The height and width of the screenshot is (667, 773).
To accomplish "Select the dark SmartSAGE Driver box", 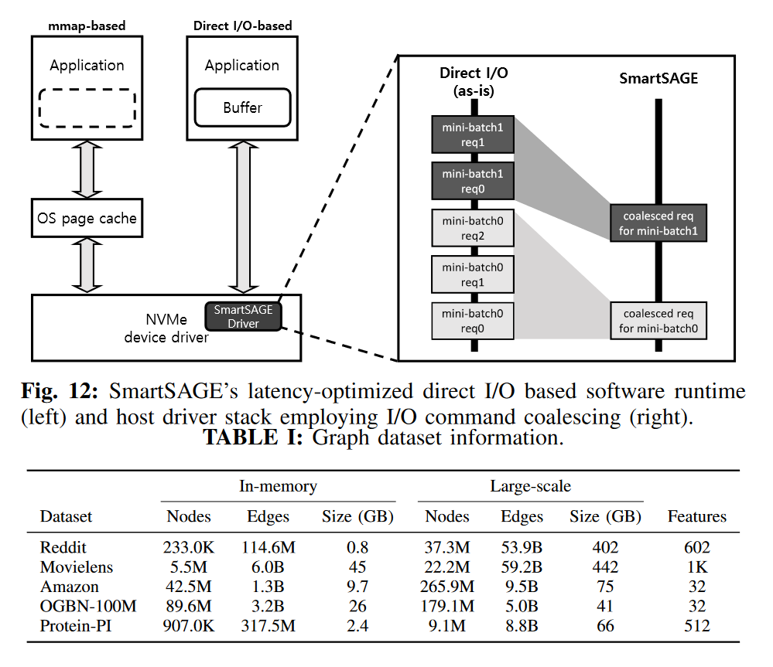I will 243,315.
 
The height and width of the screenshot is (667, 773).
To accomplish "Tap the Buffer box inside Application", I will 242,107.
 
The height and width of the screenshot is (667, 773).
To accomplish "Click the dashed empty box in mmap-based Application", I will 87,107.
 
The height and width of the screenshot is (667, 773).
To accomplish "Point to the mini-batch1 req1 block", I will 472,134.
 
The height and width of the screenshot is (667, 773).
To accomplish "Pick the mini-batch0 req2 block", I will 472,228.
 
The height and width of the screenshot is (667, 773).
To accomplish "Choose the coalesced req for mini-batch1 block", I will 658,223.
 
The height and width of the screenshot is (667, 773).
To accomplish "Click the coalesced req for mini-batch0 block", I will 658,321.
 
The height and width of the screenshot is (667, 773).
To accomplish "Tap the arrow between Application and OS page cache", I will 87,169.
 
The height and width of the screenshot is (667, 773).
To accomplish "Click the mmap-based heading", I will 87,26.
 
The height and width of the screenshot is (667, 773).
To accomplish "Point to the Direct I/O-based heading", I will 242,26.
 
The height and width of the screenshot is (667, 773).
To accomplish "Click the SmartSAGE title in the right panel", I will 658,79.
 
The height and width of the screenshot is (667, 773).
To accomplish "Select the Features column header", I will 696,516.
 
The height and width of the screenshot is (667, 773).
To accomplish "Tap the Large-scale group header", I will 530,486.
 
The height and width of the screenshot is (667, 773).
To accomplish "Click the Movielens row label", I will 77,567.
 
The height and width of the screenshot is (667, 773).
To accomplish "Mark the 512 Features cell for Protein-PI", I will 696,626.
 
